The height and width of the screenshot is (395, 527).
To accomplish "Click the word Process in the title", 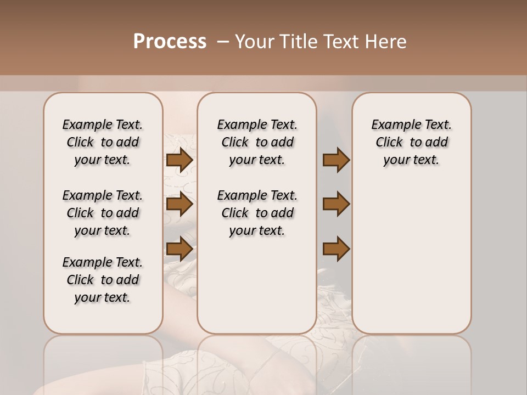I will pos(170,42).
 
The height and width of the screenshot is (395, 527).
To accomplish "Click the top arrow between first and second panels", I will pos(180,160).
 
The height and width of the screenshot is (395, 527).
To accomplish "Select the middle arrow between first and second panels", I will pos(180,205).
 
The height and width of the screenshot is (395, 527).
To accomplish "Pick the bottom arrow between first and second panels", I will pos(180,249).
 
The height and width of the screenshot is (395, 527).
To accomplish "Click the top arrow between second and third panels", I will pos(336,160).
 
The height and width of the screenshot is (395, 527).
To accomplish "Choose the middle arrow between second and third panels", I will pos(336,205).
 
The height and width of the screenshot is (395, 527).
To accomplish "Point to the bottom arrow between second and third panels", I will pos(336,249).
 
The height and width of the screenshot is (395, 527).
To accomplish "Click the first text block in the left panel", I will pos(103,142).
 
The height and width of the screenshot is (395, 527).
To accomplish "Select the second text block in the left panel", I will pos(103,213).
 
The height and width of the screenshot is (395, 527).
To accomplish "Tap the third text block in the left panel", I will pos(103,280).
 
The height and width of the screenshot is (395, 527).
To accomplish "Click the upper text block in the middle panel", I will pos(257,142).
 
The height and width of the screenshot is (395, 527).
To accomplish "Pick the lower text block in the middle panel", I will pos(257,213).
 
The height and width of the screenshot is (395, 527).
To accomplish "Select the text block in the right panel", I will pos(411,142).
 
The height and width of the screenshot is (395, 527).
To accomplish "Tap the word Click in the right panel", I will pos(389,143).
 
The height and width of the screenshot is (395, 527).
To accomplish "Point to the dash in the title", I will pos(223,42).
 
